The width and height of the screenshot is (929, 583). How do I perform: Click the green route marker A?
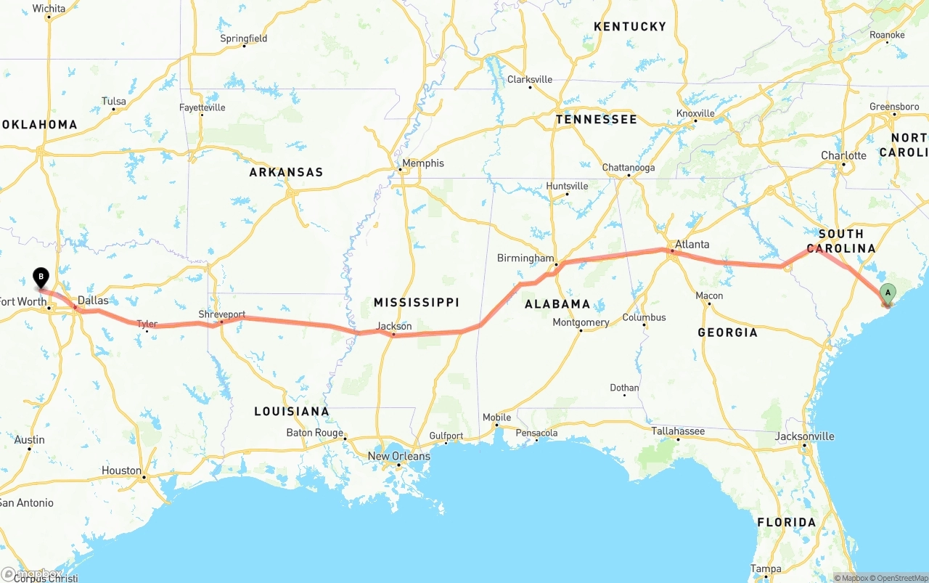(887, 293)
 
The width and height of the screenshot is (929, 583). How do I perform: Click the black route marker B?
(41, 277)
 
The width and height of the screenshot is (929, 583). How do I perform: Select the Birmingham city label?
(525, 258)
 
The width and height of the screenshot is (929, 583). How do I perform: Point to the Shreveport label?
(222, 314)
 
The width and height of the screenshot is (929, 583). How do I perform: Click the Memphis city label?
(423, 163)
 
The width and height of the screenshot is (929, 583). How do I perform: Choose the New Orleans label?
(398, 456)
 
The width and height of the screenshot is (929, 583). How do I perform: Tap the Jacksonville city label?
(804, 436)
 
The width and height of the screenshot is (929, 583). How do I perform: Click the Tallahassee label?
(677, 431)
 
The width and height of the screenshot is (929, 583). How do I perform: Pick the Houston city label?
(121, 470)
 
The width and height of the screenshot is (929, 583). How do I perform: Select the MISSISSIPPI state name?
(416, 302)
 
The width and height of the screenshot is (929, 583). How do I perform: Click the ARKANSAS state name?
(286, 172)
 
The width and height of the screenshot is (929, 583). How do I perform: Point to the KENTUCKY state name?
(629, 26)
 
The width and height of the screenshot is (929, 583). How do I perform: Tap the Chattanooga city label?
(628, 168)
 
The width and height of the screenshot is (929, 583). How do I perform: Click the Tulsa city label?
(113, 102)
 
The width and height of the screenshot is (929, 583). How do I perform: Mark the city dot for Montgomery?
(581, 331)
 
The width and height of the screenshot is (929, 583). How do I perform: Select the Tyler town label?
(147, 324)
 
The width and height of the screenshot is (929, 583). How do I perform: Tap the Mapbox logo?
(32, 574)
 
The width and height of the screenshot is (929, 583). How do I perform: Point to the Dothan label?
(624, 388)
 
